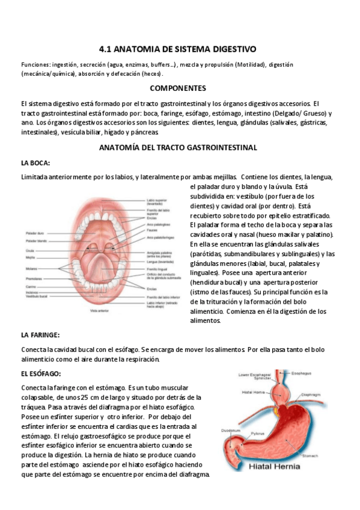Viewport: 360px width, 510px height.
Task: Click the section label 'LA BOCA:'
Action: pos(35,162)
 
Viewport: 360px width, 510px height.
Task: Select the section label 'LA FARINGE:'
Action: pos(40,334)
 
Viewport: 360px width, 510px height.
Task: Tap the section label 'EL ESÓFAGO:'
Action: pos(40,373)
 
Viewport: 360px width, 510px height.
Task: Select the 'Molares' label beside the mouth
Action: pos(32,269)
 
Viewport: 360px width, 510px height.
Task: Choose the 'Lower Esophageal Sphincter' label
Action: pos(252,377)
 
